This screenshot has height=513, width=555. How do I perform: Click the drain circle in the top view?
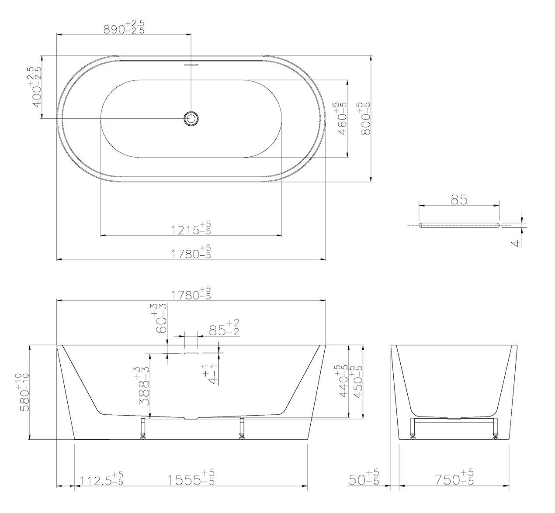pyautogui.click(x=191, y=118)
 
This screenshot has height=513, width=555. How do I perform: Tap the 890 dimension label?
pyautogui.click(x=124, y=27)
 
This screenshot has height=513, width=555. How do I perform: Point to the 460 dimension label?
pyautogui.click(x=340, y=118)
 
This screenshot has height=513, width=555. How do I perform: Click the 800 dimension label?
pyautogui.click(x=364, y=118)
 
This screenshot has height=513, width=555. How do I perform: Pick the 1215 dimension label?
pyautogui.click(x=191, y=228)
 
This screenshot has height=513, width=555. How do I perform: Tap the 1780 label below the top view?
pyautogui.click(x=191, y=251)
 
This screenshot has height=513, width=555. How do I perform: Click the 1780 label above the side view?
pyautogui.click(x=191, y=293)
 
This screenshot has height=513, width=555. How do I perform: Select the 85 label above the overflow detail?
pyautogui.click(x=459, y=200)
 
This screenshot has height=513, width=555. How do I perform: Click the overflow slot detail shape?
pyautogui.click(x=459, y=225)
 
